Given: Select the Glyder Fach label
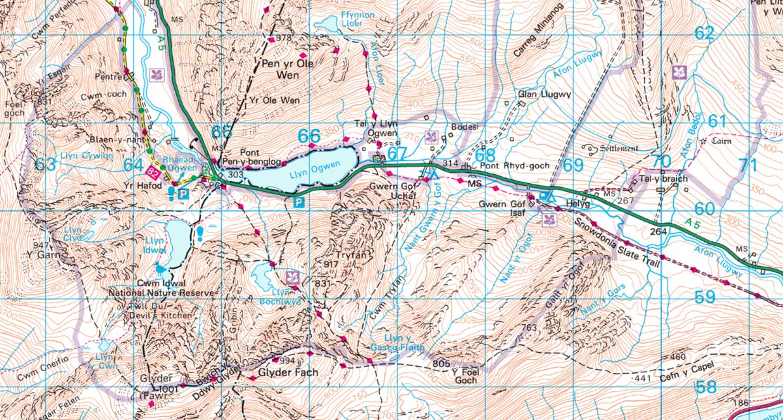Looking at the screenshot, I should click(x=288, y=373).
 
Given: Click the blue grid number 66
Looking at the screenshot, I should click(x=309, y=136).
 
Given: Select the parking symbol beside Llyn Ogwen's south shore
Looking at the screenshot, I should click(x=298, y=203).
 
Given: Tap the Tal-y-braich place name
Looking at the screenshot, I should click(x=660, y=179).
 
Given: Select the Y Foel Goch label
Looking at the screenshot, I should click(x=466, y=376).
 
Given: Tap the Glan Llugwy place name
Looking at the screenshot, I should click(x=545, y=95).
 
